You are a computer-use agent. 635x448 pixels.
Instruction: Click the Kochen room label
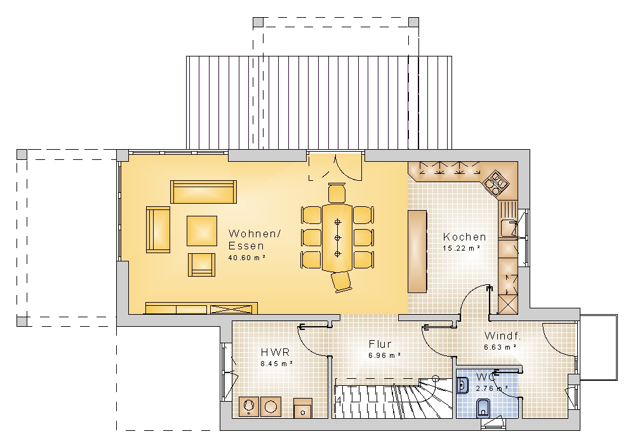464,237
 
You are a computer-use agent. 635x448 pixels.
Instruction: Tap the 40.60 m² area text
246,258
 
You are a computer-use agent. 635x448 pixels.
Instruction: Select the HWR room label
276,352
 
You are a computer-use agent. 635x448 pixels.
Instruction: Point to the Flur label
380,344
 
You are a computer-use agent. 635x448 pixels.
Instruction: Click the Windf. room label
502,336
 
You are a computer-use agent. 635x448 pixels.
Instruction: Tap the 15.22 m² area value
462,248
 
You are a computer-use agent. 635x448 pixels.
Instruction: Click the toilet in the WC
483,408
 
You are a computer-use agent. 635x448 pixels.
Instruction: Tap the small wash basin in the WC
462,385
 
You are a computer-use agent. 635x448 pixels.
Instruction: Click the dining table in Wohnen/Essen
337,237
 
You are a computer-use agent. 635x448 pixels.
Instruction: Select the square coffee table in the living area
202,231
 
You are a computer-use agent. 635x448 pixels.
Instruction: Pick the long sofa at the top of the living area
203,192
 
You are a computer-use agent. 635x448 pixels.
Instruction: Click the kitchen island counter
417,251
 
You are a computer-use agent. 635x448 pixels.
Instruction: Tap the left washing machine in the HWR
249,407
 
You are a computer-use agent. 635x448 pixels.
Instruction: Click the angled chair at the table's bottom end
342,281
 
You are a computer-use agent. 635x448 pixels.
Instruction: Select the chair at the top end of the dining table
337,193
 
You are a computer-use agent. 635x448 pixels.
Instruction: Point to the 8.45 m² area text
277,364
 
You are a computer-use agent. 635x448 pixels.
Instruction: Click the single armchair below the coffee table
201,265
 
